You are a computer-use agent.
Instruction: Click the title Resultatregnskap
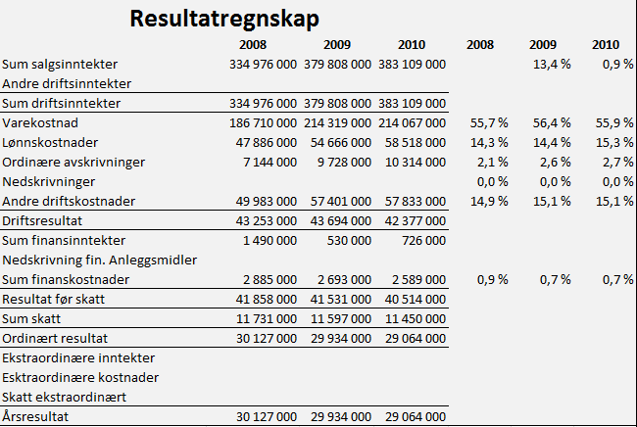[224, 19]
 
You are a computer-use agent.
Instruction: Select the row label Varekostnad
[40, 123]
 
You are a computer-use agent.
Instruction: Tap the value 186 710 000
[263, 123]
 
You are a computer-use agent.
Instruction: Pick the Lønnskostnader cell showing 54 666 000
[340, 142]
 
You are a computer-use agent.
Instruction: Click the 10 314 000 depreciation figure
[416, 162]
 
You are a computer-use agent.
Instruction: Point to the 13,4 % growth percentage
[552, 64]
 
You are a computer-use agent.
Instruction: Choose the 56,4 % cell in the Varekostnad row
[552, 123]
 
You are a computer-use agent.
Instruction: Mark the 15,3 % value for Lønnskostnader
[614, 142]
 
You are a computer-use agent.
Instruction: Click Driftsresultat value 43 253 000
[267, 220]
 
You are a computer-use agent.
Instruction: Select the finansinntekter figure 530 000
[349, 240]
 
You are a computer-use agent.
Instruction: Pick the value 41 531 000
[340, 299]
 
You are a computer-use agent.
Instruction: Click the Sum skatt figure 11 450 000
[416, 318]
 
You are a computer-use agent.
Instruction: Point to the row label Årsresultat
[35, 416]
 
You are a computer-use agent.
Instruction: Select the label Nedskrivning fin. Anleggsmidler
[100, 261]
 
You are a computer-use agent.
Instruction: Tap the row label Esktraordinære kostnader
[80, 377]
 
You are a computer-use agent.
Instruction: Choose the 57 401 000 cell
[340, 202]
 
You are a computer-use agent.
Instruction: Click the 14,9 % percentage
[489, 202]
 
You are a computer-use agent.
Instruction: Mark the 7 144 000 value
[269, 162]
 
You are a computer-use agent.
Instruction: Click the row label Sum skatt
[31, 318]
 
